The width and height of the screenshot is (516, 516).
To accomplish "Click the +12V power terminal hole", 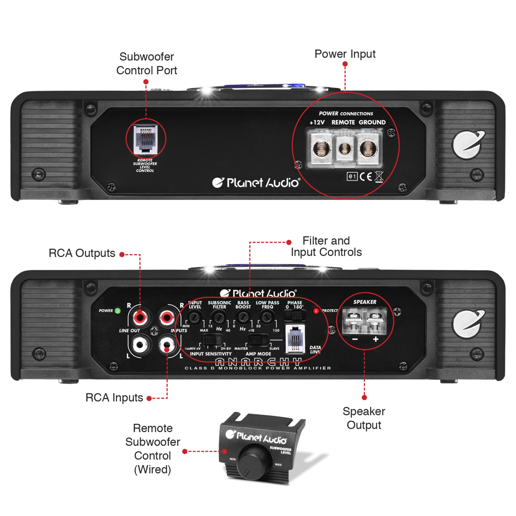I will click(321, 148).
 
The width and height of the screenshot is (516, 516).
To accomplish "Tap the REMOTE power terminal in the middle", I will click(344, 148).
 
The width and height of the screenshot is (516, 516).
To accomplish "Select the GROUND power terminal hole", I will click(368, 148).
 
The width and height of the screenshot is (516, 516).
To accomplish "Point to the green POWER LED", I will click(117, 311).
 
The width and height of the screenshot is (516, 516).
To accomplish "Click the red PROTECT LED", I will click(316, 311).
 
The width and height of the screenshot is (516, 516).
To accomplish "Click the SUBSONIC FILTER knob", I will click(219, 317).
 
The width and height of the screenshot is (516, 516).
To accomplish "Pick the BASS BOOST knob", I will click(243, 317).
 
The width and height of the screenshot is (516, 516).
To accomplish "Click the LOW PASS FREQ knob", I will click(266, 317).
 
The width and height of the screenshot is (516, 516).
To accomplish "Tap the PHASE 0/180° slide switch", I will click(294, 315).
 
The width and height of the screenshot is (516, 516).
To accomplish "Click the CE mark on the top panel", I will click(365, 176).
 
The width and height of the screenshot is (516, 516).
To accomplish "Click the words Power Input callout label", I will click(345, 54).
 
